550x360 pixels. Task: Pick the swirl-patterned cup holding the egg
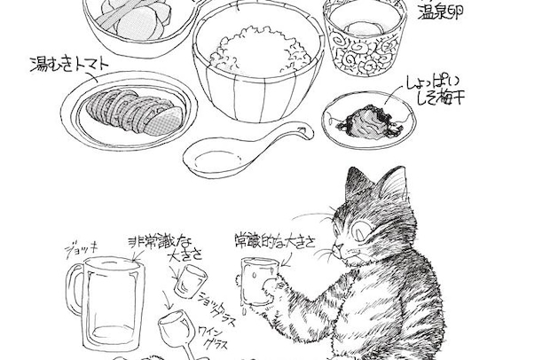coord(367,40)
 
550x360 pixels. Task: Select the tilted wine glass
coord(177,333)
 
